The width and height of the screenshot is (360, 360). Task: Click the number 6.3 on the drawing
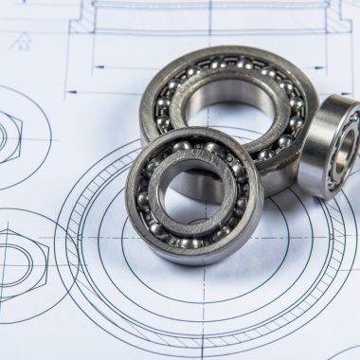point(22,45)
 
